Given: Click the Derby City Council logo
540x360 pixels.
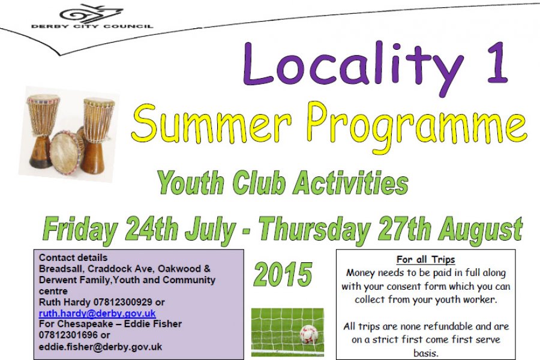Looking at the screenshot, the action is click(92, 17).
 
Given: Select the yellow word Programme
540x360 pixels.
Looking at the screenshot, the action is click(416, 129).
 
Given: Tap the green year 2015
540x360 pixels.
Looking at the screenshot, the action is click(283, 274).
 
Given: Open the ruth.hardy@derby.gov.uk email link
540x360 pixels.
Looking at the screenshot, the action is click(97, 313).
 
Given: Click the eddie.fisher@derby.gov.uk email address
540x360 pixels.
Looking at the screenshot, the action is click(101, 346).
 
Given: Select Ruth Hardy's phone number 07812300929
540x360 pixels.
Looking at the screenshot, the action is click(123, 302).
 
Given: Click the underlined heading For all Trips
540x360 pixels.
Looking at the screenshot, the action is click(425, 259).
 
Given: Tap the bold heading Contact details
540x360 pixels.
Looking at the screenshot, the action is click(73, 257).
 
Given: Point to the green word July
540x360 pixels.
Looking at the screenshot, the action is click(210, 229).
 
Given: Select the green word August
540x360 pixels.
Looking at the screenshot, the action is click(481, 230).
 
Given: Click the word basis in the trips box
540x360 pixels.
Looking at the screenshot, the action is click(425, 353).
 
